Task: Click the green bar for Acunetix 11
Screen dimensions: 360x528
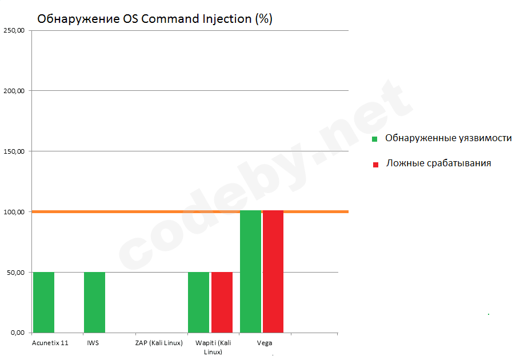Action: click(x=43, y=302)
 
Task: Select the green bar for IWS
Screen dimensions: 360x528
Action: click(x=94, y=302)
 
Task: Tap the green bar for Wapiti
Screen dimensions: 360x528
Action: click(x=198, y=302)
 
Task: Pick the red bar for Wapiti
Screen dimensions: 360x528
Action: click(x=222, y=302)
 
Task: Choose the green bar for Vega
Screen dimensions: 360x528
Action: click(x=250, y=271)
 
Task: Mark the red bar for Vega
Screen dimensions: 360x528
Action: click(x=273, y=271)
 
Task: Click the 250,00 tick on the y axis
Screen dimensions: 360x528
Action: click(x=14, y=30)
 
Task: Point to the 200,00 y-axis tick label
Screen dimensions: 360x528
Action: click(x=14, y=91)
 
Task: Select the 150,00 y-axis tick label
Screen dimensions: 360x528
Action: click(x=14, y=151)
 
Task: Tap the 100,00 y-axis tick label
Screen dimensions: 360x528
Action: click(x=14, y=212)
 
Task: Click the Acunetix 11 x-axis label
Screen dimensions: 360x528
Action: click(x=50, y=343)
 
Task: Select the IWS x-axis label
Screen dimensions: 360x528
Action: click(x=93, y=343)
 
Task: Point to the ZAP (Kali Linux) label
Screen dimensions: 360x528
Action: click(x=159, y=343)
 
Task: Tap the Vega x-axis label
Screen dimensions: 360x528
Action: click(x=265, y=343)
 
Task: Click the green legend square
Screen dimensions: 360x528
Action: click(x=375, y=139)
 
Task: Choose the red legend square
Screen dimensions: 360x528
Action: click(x=375, y=165)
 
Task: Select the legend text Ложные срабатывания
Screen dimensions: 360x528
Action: click(x=438, y=163)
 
